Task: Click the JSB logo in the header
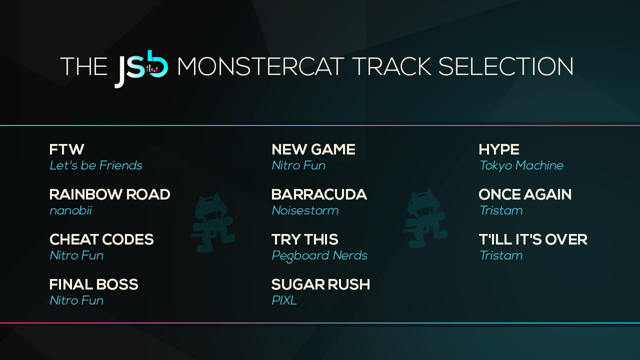click(141, 68)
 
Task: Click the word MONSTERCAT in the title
click(260, 67)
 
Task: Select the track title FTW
click(66, 149)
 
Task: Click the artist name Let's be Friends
click(96, 165)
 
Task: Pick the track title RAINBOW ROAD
click(109, 194)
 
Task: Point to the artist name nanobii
click(70, 210)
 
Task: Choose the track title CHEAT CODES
click(101, 239)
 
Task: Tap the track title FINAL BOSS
click(93, 284)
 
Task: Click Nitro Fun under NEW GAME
click(298, 165)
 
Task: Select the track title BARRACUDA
click(319, 194)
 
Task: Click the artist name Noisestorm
click(305, 210)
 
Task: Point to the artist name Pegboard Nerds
click(319, 255)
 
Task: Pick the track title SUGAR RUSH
click(320, 284)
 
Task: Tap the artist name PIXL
click(284, 300)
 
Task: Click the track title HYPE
click(498, 149)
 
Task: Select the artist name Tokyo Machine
click(521, 165)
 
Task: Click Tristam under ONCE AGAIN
click(500, 210)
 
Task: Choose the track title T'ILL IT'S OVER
click(532, 239)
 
